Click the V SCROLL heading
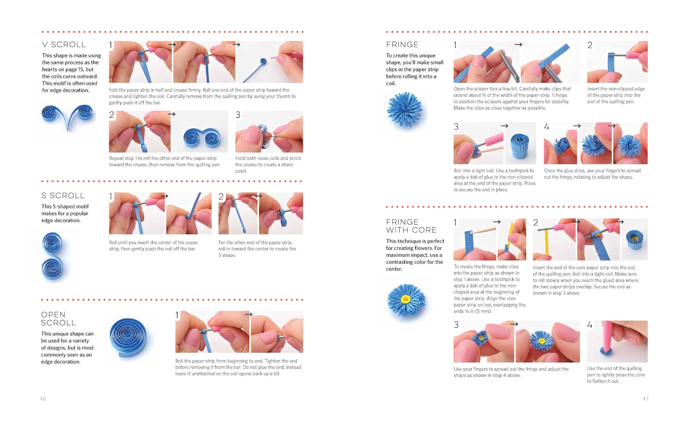tap(64, 45)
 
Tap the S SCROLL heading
tap(63, 195)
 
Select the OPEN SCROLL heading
tap(59, 319)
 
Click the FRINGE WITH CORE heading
tap(411, 226)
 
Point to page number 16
tap(43, 399)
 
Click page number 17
tap(646, 399)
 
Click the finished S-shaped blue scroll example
tap(52, 256)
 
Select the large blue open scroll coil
tap(128, 338)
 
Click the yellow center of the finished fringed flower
tap(405, 298)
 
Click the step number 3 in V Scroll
tap(238, 115)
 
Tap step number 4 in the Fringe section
tap(547, 126)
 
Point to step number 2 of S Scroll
tap(221, 196)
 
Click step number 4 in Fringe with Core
tap(590, 325)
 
